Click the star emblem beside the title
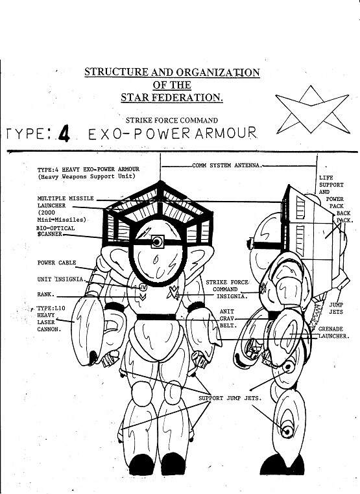(312, 110)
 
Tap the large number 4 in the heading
(64, 134)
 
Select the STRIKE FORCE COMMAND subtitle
(171, 121)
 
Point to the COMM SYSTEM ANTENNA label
(227, 165)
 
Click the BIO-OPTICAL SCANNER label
(56, 231)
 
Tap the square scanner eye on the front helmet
(157, 242)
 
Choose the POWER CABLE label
(56, 263)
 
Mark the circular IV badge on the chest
(143, 287)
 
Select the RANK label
(46, 294)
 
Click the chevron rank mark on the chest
(143, 296)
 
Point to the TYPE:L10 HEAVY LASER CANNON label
(51, 318)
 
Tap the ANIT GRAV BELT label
(228, 318)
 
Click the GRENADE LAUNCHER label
(334, 333)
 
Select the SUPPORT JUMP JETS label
(230, 398)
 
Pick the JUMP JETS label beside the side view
(336, 308)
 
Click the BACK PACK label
(344, 217)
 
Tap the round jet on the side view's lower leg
(287, 431)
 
